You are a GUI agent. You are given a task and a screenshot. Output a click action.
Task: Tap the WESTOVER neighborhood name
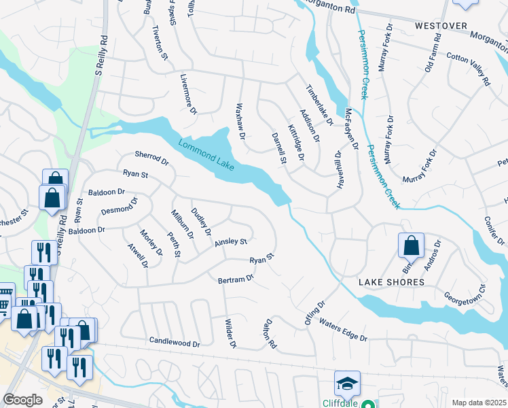click(x=441, y=26)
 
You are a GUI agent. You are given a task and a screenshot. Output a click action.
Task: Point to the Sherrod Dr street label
click(x=151, y=158)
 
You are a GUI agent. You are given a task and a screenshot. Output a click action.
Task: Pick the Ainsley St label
click(x=231, y=242)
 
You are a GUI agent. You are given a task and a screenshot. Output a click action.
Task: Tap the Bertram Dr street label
click(x=236, y=279)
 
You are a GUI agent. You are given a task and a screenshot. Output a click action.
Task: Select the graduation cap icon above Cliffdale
click(x=347, y=383)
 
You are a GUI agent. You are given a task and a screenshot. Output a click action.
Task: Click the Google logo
click(x=23, y=399)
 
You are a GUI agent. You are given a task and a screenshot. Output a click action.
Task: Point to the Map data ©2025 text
click(x=478, y=403)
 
